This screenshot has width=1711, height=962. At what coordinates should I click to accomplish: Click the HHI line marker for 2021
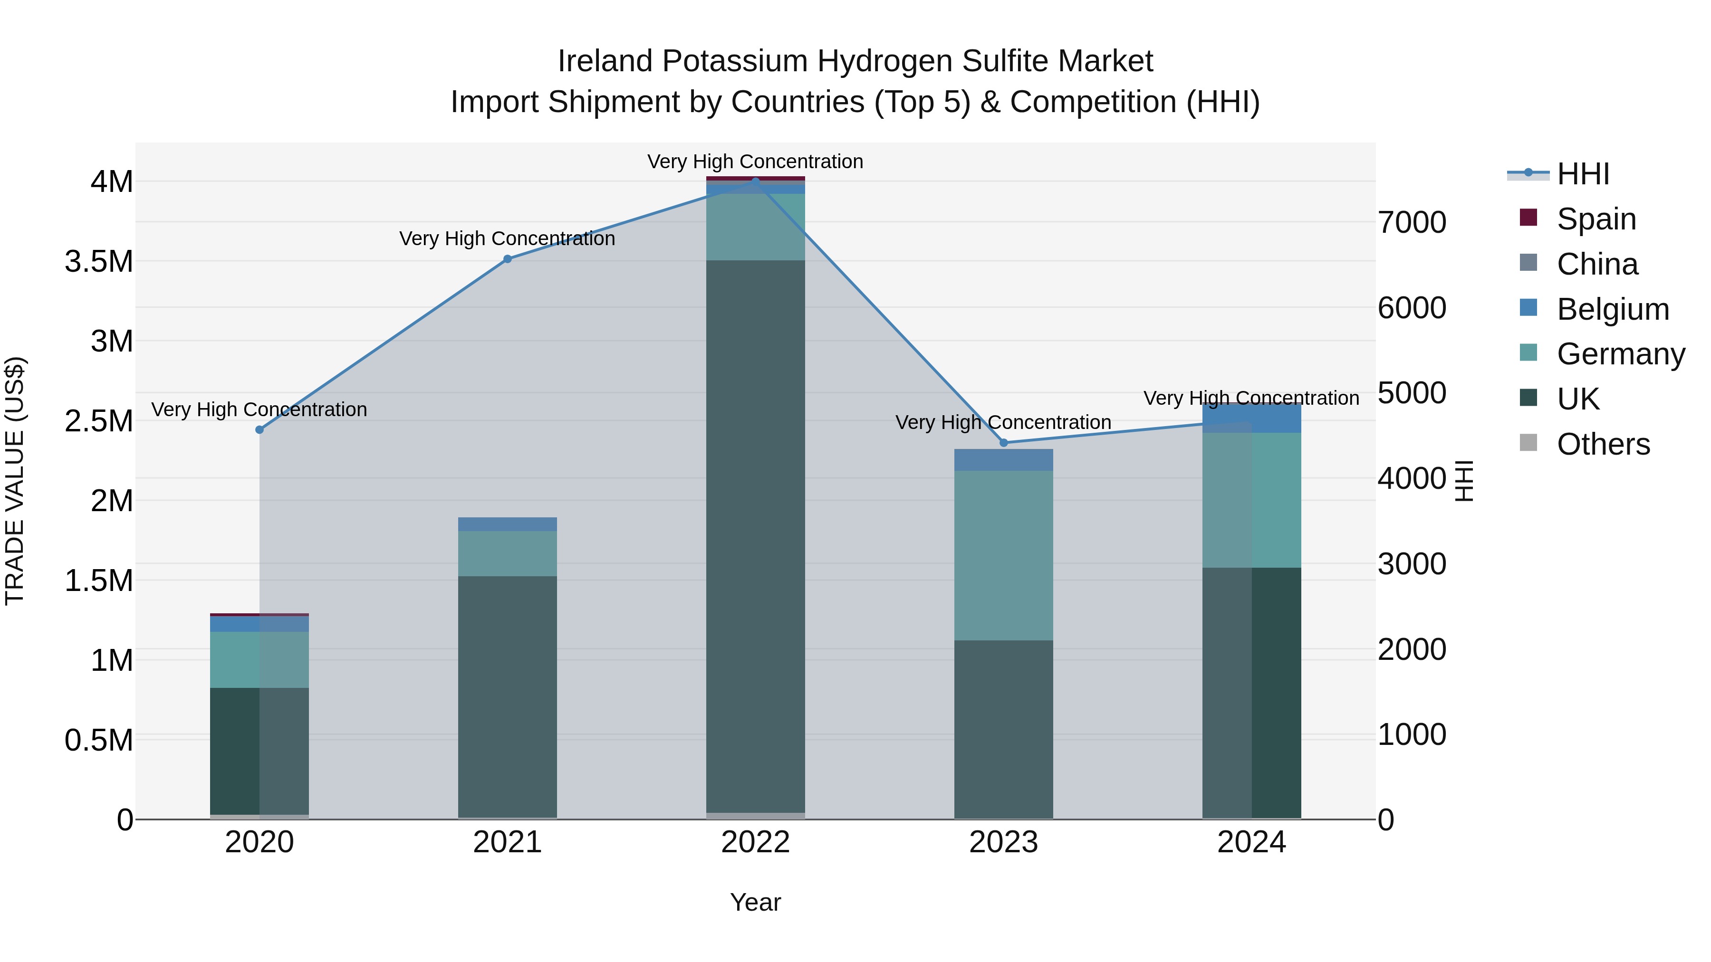tap(508, 259)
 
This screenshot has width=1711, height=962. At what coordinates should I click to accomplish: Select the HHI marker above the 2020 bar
tap(260, 429)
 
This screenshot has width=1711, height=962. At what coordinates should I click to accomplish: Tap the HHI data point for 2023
tap(1004, 443)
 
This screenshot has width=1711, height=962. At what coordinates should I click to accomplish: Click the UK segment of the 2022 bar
tap(755, 531)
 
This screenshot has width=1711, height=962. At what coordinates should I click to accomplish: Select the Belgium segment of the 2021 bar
tap(508, 524)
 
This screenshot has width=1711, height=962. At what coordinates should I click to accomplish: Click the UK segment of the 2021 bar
tap(508, 697)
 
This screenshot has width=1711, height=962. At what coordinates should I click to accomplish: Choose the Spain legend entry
tap(1596, 219)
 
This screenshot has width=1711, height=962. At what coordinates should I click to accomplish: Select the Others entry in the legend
tap(1603, 444)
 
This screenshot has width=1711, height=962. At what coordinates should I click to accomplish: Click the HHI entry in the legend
tap(1583, 174)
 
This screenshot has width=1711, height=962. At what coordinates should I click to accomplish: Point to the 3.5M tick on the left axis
tap(99, 262)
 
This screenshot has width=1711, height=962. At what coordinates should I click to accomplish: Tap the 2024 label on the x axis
tap(1251, 842)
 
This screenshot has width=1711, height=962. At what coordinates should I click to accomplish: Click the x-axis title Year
tap(755, 902)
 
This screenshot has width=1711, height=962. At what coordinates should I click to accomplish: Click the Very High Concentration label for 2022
tap(755, 162)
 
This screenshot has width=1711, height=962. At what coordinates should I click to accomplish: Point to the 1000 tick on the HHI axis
tap(1412, 735)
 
